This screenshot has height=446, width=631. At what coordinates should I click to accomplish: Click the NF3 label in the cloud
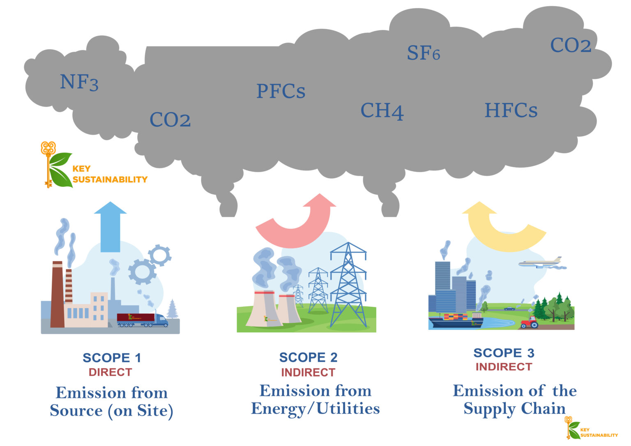[x=79, y=82]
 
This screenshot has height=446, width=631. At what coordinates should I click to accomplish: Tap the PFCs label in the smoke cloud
[x=281, y=91]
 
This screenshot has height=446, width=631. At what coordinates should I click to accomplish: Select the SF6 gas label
[x=423, y=53]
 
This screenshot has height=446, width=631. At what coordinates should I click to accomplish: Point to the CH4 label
[x=382, y=111]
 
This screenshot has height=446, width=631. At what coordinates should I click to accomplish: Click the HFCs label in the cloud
[x=511, y=110]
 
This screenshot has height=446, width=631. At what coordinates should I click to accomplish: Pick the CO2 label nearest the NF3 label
[x=170, y=120]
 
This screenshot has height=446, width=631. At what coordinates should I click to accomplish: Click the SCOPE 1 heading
[x=112, y=358]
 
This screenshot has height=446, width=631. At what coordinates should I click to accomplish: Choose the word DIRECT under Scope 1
[x=110, y=372]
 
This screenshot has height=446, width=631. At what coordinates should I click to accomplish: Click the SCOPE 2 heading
[x=308, y=357]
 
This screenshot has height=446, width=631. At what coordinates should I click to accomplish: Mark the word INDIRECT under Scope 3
[x=504, y=367]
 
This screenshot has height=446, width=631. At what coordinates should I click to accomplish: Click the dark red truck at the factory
[x=142, y=320]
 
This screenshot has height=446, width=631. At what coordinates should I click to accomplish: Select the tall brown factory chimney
[x=57, y=294]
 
